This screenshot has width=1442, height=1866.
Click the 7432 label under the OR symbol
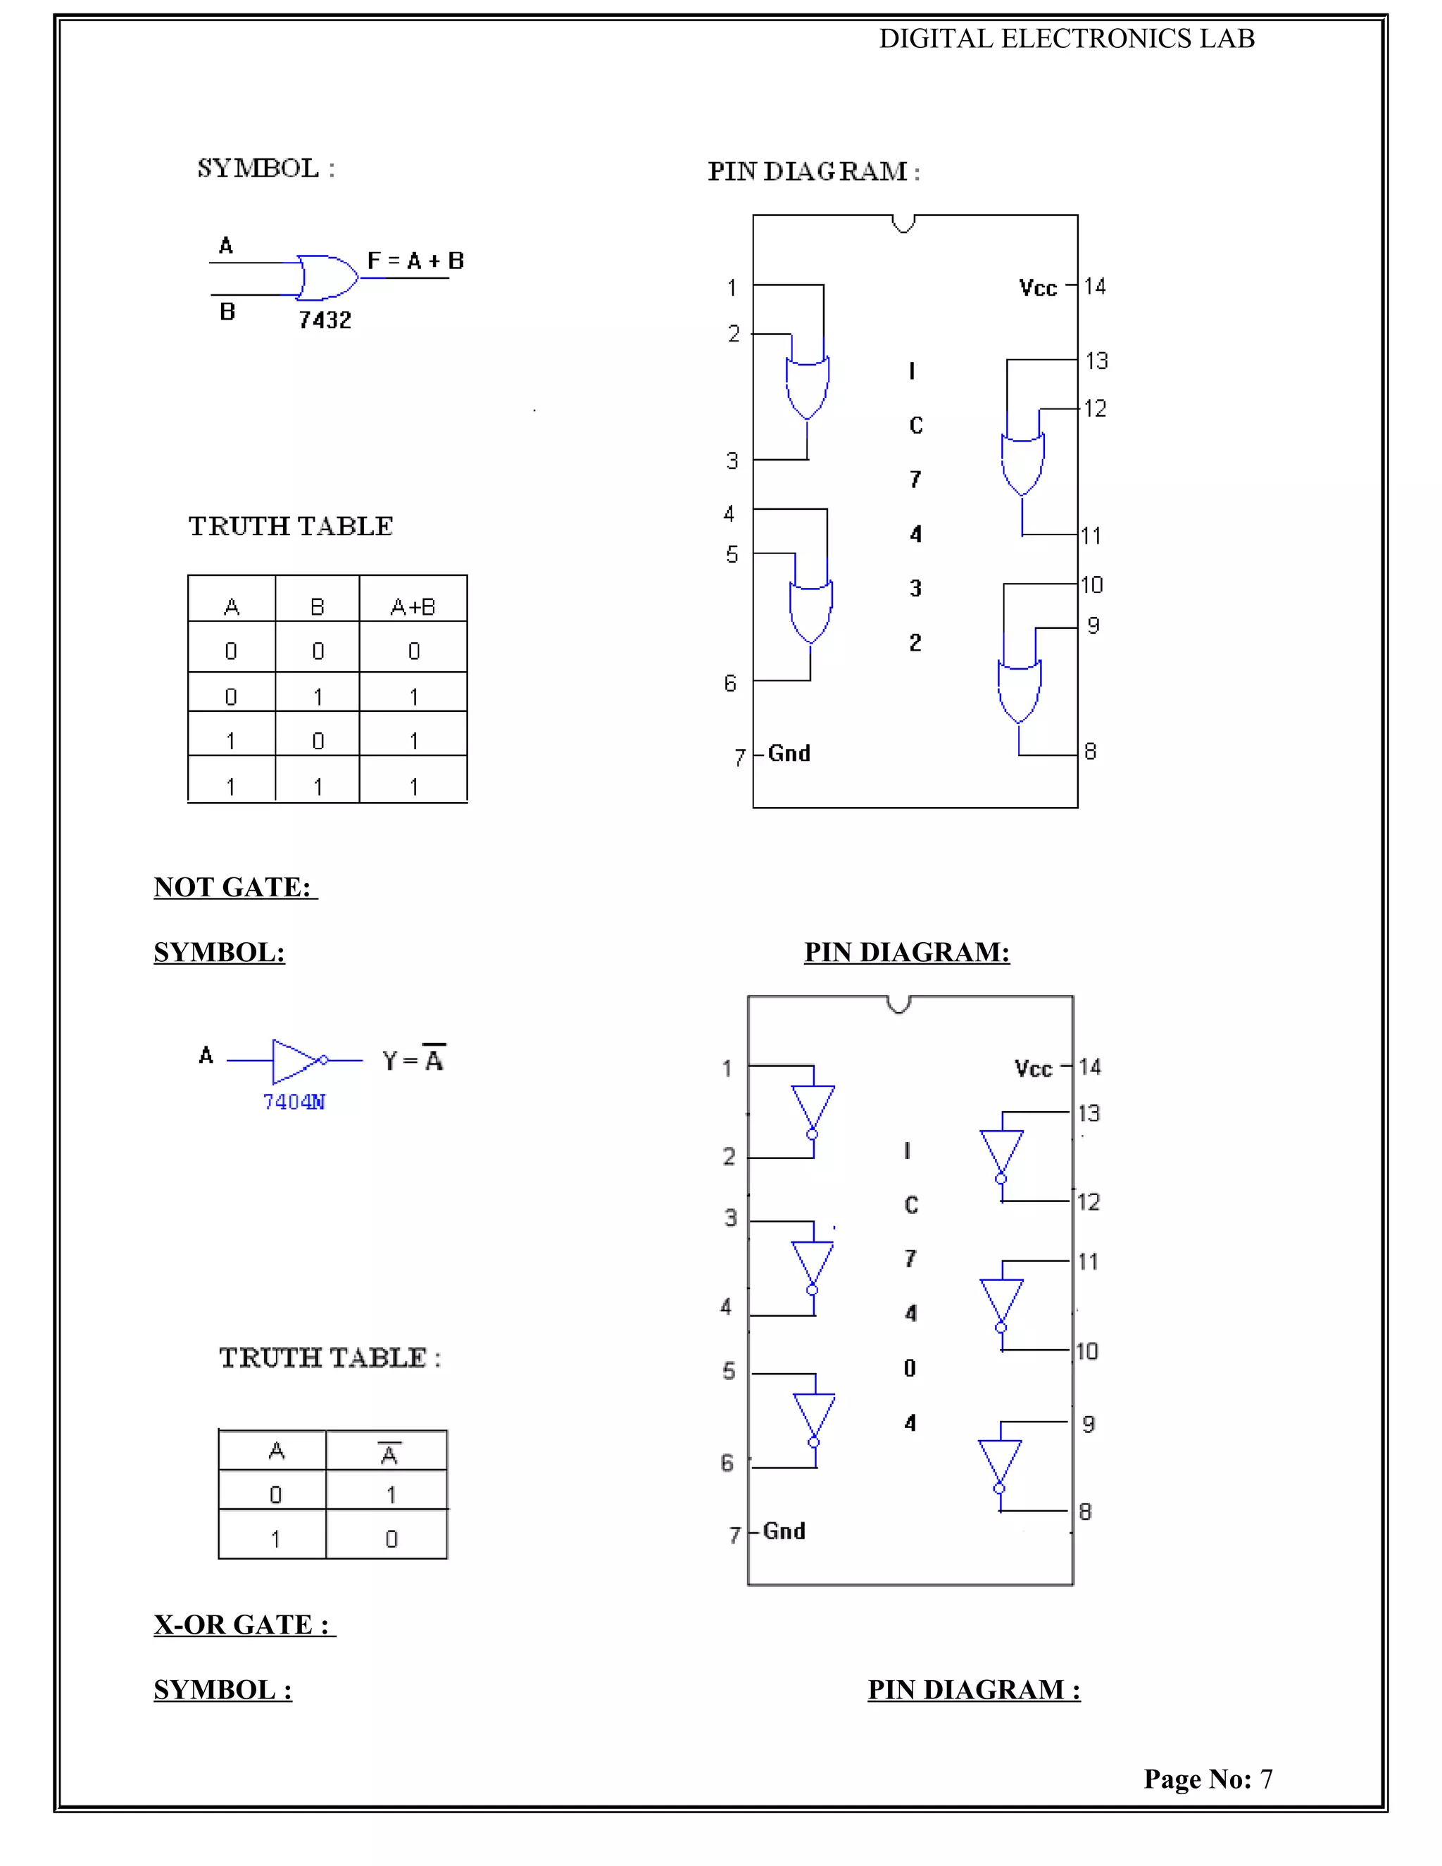(325, 320)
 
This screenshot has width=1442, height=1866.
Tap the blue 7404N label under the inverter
(294, 1102)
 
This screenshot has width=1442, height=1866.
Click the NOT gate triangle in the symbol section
(296, 1060)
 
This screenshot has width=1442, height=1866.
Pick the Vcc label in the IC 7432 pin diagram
(1038, 288)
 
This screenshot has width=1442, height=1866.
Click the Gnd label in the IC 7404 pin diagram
(784, 1530)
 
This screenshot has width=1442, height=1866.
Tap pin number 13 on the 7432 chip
(1096, 361)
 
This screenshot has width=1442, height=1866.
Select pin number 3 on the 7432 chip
(732, 461)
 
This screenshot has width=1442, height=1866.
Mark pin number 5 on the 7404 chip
(729, 1371)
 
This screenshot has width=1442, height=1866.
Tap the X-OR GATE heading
(243, 1624)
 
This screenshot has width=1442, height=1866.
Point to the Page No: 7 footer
(1208, 1778)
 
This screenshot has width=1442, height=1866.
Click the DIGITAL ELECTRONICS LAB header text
(1067, 39)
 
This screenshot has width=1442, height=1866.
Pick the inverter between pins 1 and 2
(813, 1110)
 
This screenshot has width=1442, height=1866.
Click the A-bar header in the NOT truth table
(389, 1453)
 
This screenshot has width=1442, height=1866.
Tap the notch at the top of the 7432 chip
(903, 224)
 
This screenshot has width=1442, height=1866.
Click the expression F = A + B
(415, 261)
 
